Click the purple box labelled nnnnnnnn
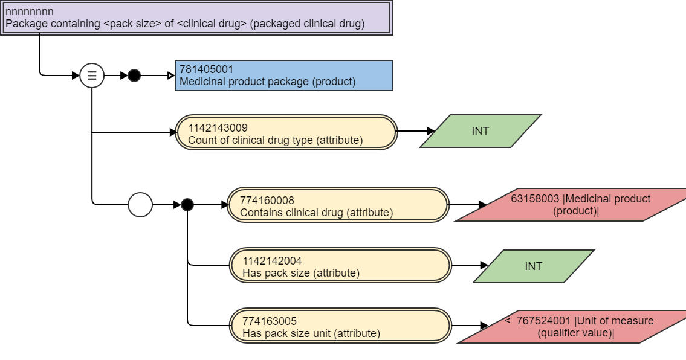point(196,18)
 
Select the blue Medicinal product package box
point(283,76)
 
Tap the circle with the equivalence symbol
point(92,76)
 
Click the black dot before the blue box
point(134,76)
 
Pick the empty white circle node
point(140,205)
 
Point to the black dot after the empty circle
point(187,205)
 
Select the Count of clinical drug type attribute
point(286,132)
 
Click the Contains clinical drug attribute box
point(338,205)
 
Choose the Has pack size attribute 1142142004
point(340,265)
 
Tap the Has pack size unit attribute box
point(340,326)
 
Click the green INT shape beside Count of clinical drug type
point(481,131)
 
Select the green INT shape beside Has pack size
point(534,266)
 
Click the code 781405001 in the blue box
point(206,69)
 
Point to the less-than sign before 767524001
point(508,320)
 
